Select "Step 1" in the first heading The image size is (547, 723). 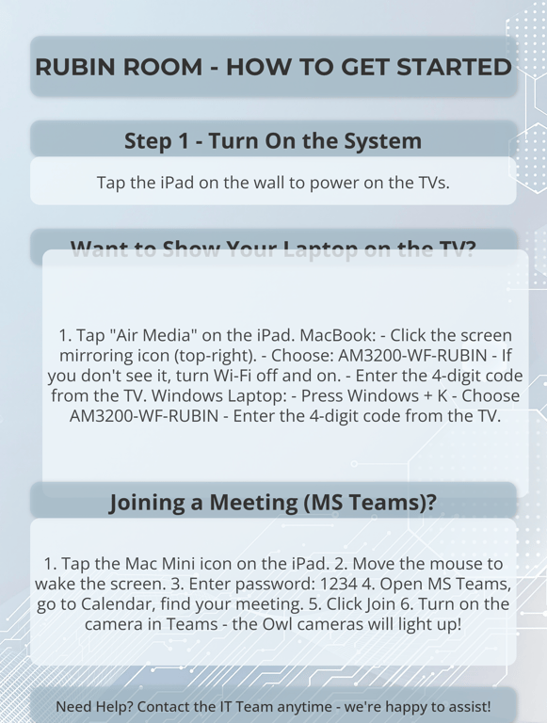[156, 141]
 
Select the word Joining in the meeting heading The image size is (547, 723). [150, 503]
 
